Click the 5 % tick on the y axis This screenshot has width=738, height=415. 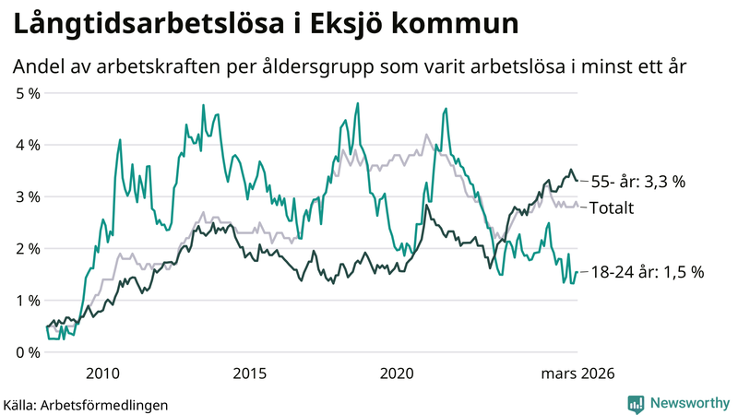click(x=26, y=93)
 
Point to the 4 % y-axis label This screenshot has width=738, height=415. click(x=26, y=145)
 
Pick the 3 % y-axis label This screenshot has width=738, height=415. click(x=26, y=196)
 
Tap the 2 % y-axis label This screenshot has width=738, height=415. click(x=26, y=248)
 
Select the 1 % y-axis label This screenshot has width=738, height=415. click(x=26, y=300)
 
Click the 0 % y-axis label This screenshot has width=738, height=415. click(x=26, y=351)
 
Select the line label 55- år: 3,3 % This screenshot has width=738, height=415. click(x=637, y=182)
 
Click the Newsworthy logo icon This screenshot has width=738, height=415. click(x=636, y=403)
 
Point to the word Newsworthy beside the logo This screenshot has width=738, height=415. click(x=688, y=403)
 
